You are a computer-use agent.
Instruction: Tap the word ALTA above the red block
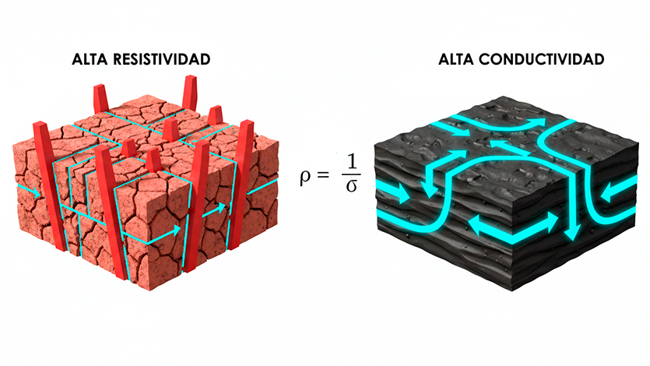(x=92, y=59)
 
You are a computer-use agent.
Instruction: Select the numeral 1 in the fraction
(x=351, y=161)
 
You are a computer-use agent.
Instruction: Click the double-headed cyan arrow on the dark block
(x=514, y=225)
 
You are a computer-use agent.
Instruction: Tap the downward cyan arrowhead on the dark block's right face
(x=574, y=231)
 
